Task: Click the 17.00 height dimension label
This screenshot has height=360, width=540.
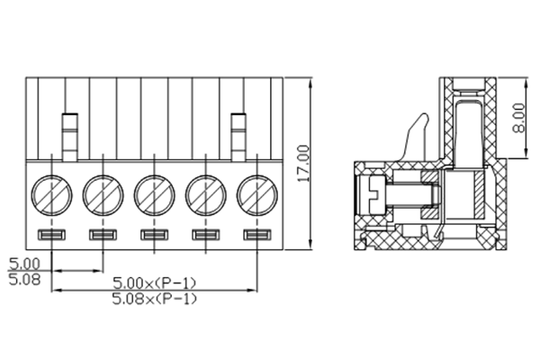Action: [302, 163]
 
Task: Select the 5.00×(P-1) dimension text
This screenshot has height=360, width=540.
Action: [154, 283]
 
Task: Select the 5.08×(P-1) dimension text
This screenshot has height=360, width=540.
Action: [154, 298]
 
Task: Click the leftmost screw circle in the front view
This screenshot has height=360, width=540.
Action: [50, 193]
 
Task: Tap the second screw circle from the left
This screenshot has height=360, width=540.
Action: [102, 193]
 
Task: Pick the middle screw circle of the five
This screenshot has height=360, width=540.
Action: [154, 193]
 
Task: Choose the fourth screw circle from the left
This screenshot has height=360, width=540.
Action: [205, 193]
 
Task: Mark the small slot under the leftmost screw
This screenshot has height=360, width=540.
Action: [50, 236]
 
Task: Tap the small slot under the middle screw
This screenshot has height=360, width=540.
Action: [154, 236]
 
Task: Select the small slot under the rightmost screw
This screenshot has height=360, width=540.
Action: [257, 236]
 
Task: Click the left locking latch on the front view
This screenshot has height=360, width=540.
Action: [69, 135]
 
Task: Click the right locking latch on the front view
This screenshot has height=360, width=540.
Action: [238, 135]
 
